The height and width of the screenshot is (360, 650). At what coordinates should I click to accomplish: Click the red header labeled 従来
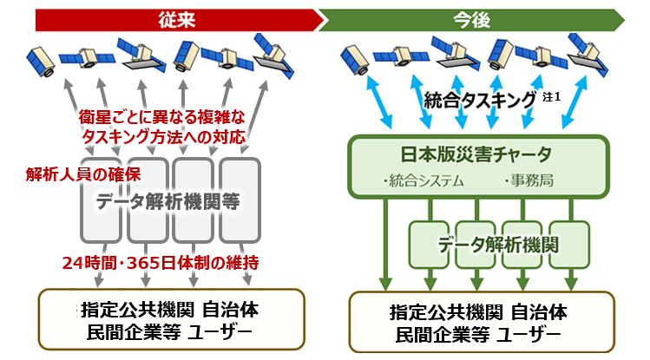[174, 17]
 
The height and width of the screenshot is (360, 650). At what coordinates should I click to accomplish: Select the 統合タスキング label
[479, 101]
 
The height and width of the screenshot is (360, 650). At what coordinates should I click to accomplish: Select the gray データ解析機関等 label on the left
[165, 201]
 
